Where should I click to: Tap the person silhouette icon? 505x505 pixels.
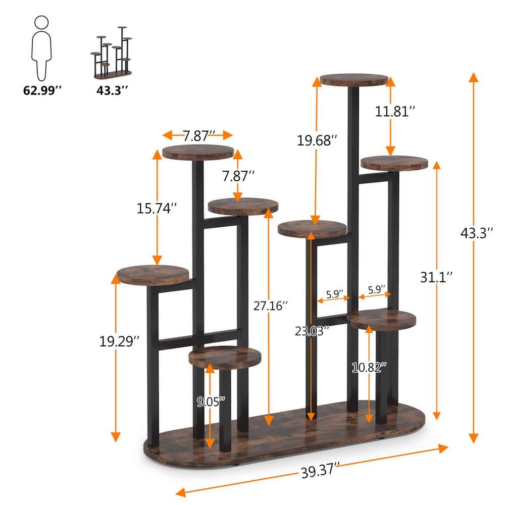pos(41,45)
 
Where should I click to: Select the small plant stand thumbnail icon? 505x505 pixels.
pos(111,52)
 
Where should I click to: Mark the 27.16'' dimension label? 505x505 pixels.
pos(270,306)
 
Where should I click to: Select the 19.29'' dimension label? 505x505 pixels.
pos(119,341)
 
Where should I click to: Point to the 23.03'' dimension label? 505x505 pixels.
pos(312,331)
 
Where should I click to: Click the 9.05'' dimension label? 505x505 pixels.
pos(211,402)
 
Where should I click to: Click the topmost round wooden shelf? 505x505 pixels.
pos(354,80)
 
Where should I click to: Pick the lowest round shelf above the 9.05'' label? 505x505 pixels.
pos(225,357)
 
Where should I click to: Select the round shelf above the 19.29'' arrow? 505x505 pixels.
pos(153,275)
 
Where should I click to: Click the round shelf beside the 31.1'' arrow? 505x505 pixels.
pos(394,163)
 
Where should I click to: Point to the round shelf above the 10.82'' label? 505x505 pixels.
pos(382,320)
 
